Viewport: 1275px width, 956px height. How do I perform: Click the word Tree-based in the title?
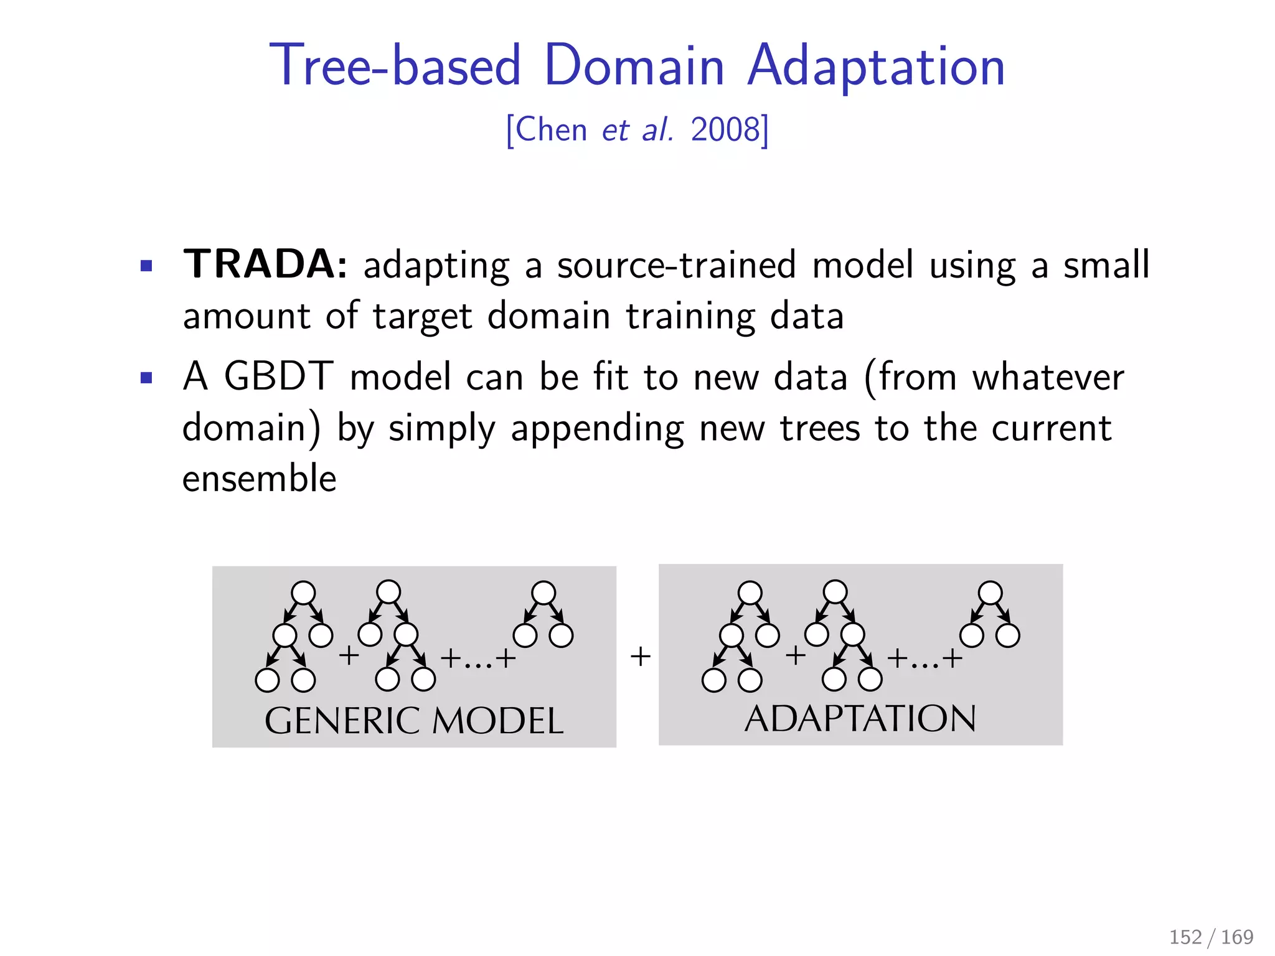coord(395,66)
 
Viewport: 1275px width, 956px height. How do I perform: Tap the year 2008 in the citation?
coord(726,130)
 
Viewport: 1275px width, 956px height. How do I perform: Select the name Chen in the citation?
coord(551,130)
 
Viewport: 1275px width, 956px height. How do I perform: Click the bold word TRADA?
coord(265,265)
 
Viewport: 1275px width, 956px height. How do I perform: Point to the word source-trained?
coord(676,266)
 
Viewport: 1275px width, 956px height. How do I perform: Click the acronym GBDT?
coord(278,377)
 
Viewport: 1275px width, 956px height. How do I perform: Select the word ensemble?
coord(259,479)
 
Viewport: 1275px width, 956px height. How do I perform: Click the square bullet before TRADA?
coord(146,267)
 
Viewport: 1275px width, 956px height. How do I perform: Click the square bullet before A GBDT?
coord(146,378)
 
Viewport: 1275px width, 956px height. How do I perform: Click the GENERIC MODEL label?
coord(414,721)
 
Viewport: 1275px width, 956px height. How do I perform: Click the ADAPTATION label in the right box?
coord(860,719)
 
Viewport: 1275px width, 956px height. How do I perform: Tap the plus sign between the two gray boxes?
coord(640,656)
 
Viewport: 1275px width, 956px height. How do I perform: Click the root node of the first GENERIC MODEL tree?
coord(303,593)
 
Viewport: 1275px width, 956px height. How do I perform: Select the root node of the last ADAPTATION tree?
coord(990,593)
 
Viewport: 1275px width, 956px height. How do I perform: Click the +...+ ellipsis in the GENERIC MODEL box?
coord(478,658)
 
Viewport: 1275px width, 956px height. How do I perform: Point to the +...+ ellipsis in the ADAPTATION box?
coord(924,658)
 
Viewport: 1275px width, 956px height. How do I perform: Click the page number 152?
coord(1185,937)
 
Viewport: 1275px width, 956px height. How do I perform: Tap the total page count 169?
coord(1237,937)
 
